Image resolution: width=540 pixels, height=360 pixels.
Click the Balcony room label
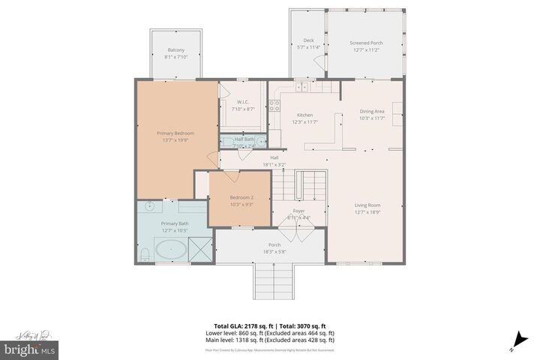coord(175,51)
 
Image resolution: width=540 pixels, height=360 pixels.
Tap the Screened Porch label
coord(366,43)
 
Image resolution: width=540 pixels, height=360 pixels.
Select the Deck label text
coord(308,40)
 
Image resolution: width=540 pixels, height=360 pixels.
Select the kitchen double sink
coord(302,88)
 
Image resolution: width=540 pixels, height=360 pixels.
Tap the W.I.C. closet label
coord(243,102)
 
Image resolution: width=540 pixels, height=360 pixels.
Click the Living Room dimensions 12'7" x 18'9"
coord(367,211)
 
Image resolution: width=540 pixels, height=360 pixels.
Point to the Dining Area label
coord(372,112)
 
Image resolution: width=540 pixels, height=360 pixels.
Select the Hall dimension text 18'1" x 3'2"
coord(274,164)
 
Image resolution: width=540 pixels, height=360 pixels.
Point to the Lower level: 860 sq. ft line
coord(269,333)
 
